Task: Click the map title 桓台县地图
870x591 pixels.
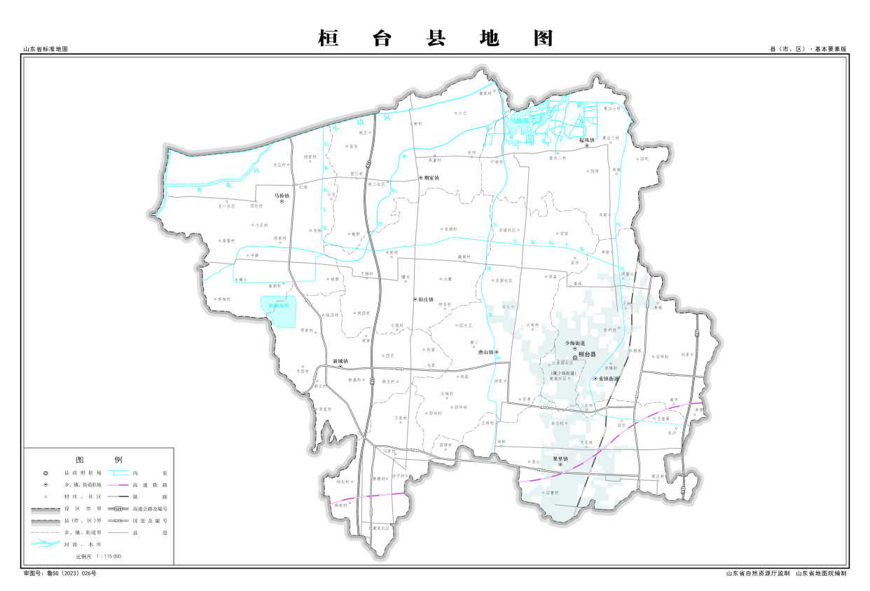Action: coord(435,38)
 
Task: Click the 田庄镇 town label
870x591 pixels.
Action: coord(424,299)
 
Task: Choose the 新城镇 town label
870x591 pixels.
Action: coord(340,361)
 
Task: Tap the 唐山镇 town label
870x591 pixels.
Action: coord(486,353)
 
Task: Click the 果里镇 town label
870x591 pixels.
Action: coord(560,459)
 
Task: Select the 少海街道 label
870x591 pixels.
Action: coord(575,343)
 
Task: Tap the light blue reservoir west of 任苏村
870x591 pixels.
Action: coord(279,312)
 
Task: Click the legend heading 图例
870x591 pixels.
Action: coord(99,460)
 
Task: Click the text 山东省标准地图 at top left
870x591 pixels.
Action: coord(46,50)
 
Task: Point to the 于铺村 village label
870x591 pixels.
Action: coord(364,272)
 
